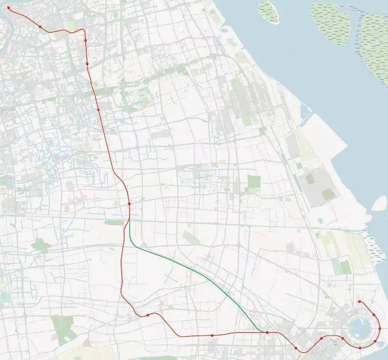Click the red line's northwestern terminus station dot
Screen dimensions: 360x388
click(8, 8)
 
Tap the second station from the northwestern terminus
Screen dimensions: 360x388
click(40, 27)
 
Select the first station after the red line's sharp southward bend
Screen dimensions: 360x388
click(86, 41)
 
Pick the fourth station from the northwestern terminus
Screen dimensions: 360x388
click(87, 64)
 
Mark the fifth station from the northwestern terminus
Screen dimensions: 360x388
click(98, 110)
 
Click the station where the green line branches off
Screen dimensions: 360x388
click(129, 204)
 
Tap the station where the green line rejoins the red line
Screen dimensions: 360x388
click(267, 332)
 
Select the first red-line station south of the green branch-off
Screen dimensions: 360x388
click(148, 315)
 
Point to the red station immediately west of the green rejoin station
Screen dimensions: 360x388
click(212, 336)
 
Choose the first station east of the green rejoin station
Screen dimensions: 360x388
click(296, 348)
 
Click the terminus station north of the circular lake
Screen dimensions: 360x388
click(359, 301)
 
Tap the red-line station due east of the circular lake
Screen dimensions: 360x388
click(380, 328)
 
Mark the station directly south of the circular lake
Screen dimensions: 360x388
click(360, 347)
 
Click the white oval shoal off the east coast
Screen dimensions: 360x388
click(379, 203)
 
